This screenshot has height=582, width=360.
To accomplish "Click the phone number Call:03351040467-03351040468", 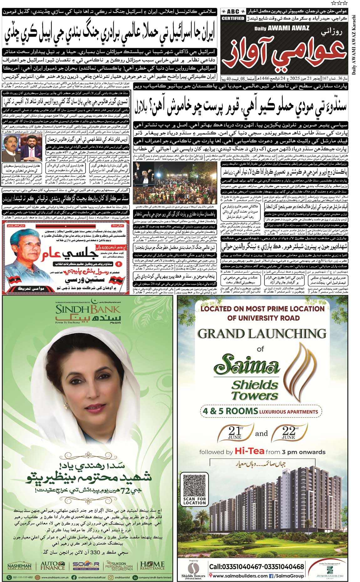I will click(256, 567).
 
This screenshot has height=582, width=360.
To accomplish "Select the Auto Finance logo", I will click(53, 566).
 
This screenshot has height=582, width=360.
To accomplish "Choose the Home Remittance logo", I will click(152, 566).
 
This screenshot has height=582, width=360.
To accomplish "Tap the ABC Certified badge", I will click(233, 14).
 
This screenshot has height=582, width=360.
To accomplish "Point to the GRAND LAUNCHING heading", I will click(262, 334).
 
